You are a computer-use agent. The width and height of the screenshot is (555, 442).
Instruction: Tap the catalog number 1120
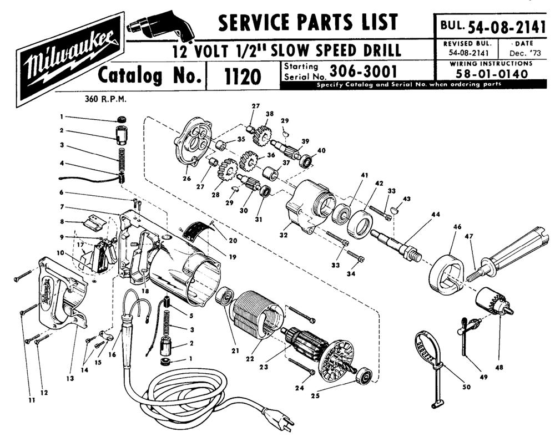click(x=243, y=77)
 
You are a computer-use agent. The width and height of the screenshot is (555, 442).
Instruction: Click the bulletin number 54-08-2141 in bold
click(x=506, y=26)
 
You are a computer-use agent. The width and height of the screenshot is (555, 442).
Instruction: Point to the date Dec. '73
click(x=524, y=53)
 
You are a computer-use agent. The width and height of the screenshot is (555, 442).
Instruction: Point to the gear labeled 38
click(x=260, y=134)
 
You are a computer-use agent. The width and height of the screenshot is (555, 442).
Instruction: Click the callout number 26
click(x=186, y=179)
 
